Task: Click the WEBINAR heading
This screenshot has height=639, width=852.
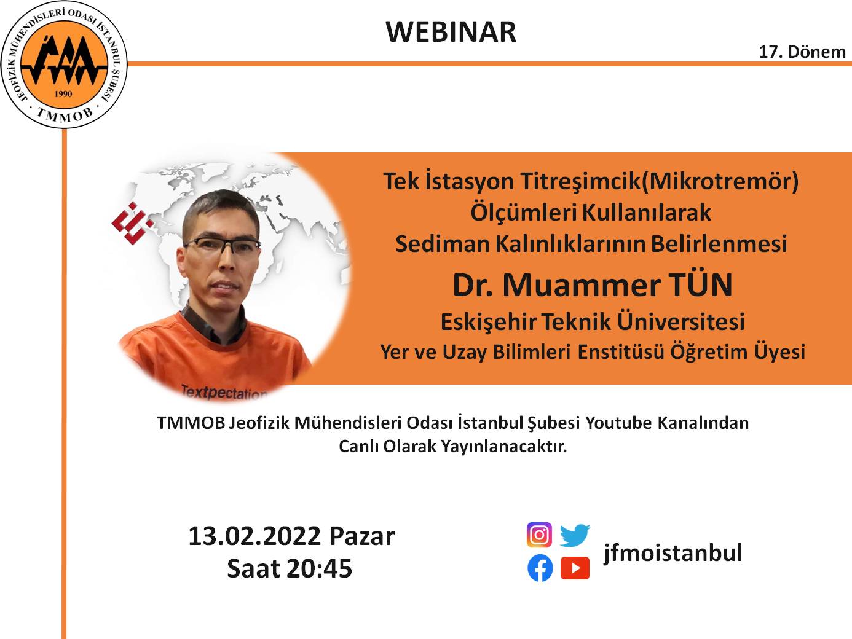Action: pos(451,32)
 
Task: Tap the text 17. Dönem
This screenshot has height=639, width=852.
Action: pos(802,52)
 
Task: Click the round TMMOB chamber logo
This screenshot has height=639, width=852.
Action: pos(64,65)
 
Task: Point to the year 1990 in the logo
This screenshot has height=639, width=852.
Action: pos(63,94)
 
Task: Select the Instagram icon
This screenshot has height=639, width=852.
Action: pos(539,535)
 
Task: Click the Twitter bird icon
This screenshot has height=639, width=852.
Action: pos(575,535)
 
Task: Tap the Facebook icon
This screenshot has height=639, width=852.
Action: pos(540,568)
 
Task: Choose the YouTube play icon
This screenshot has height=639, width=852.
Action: pos(575,568)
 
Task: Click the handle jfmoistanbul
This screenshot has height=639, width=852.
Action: pos(673,552)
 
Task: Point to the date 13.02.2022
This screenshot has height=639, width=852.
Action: pos(254,536)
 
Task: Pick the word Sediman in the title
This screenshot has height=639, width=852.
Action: pos(443,244)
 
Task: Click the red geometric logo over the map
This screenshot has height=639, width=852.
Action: pos(132,222)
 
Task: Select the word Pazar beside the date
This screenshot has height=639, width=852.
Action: pos(362,536)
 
